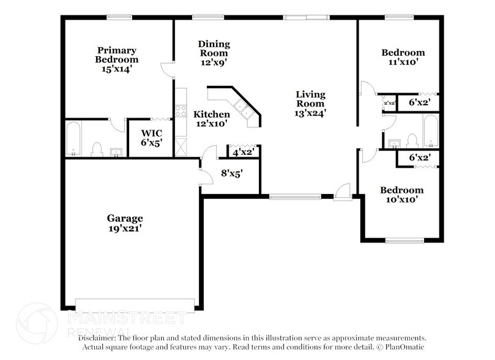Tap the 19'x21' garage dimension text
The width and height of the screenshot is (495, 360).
click(125, 228)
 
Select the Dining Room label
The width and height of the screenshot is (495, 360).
click(214, 44)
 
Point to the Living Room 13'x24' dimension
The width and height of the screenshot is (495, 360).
click(310, 113)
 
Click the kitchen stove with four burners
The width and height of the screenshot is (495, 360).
click(181, 111)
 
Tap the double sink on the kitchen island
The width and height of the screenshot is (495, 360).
click(243, 111)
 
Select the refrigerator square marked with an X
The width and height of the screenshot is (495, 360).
click(181, 146)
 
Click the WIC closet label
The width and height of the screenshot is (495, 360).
click(151, 133)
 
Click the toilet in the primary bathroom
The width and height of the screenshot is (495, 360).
click(96, 148)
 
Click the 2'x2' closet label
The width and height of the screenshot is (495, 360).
click(389, 103)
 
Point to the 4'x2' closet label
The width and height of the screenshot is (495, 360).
click(244, 151)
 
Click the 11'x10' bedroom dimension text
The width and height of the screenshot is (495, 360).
click(403, 62)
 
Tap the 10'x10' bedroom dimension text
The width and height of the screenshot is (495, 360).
click(401, 200)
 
